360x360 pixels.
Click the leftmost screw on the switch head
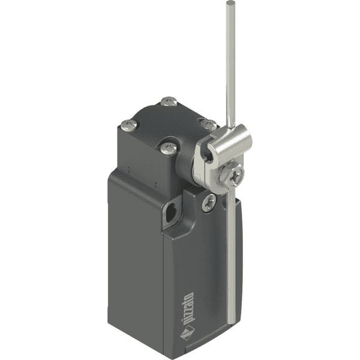128,125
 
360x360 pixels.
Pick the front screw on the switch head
167,146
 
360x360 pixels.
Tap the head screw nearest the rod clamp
208,124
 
